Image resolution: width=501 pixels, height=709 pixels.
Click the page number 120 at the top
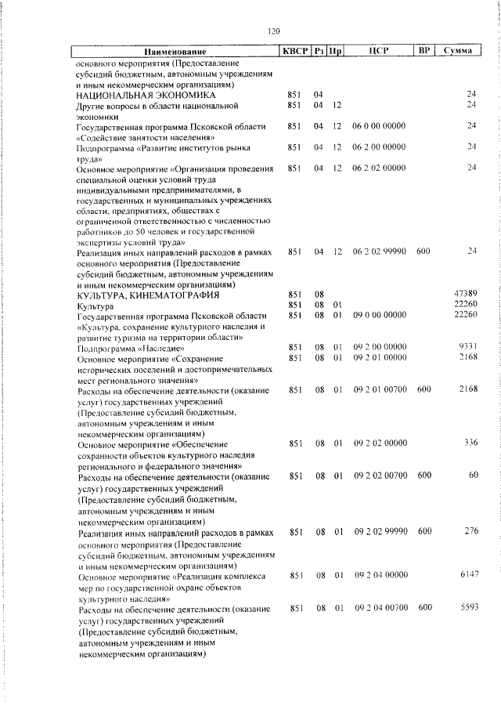tap(273, 31)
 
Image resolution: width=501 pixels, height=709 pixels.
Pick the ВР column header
tap(424, 51)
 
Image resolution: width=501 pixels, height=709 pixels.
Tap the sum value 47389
tap(465, 294)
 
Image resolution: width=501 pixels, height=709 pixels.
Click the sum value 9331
tap(467, 346)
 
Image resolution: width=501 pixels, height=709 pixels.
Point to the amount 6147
tap(467, 574)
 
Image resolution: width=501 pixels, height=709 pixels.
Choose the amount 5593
tap(467, 607)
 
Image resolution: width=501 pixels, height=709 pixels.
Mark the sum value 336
tap(470, 443)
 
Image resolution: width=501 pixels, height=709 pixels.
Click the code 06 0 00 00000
tap(379, 125)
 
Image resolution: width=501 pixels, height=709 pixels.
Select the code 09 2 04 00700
tap(380, 607)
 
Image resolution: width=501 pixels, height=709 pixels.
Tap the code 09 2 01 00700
tap(380, 389)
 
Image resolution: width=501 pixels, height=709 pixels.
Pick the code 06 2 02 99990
tap(380, 251)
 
